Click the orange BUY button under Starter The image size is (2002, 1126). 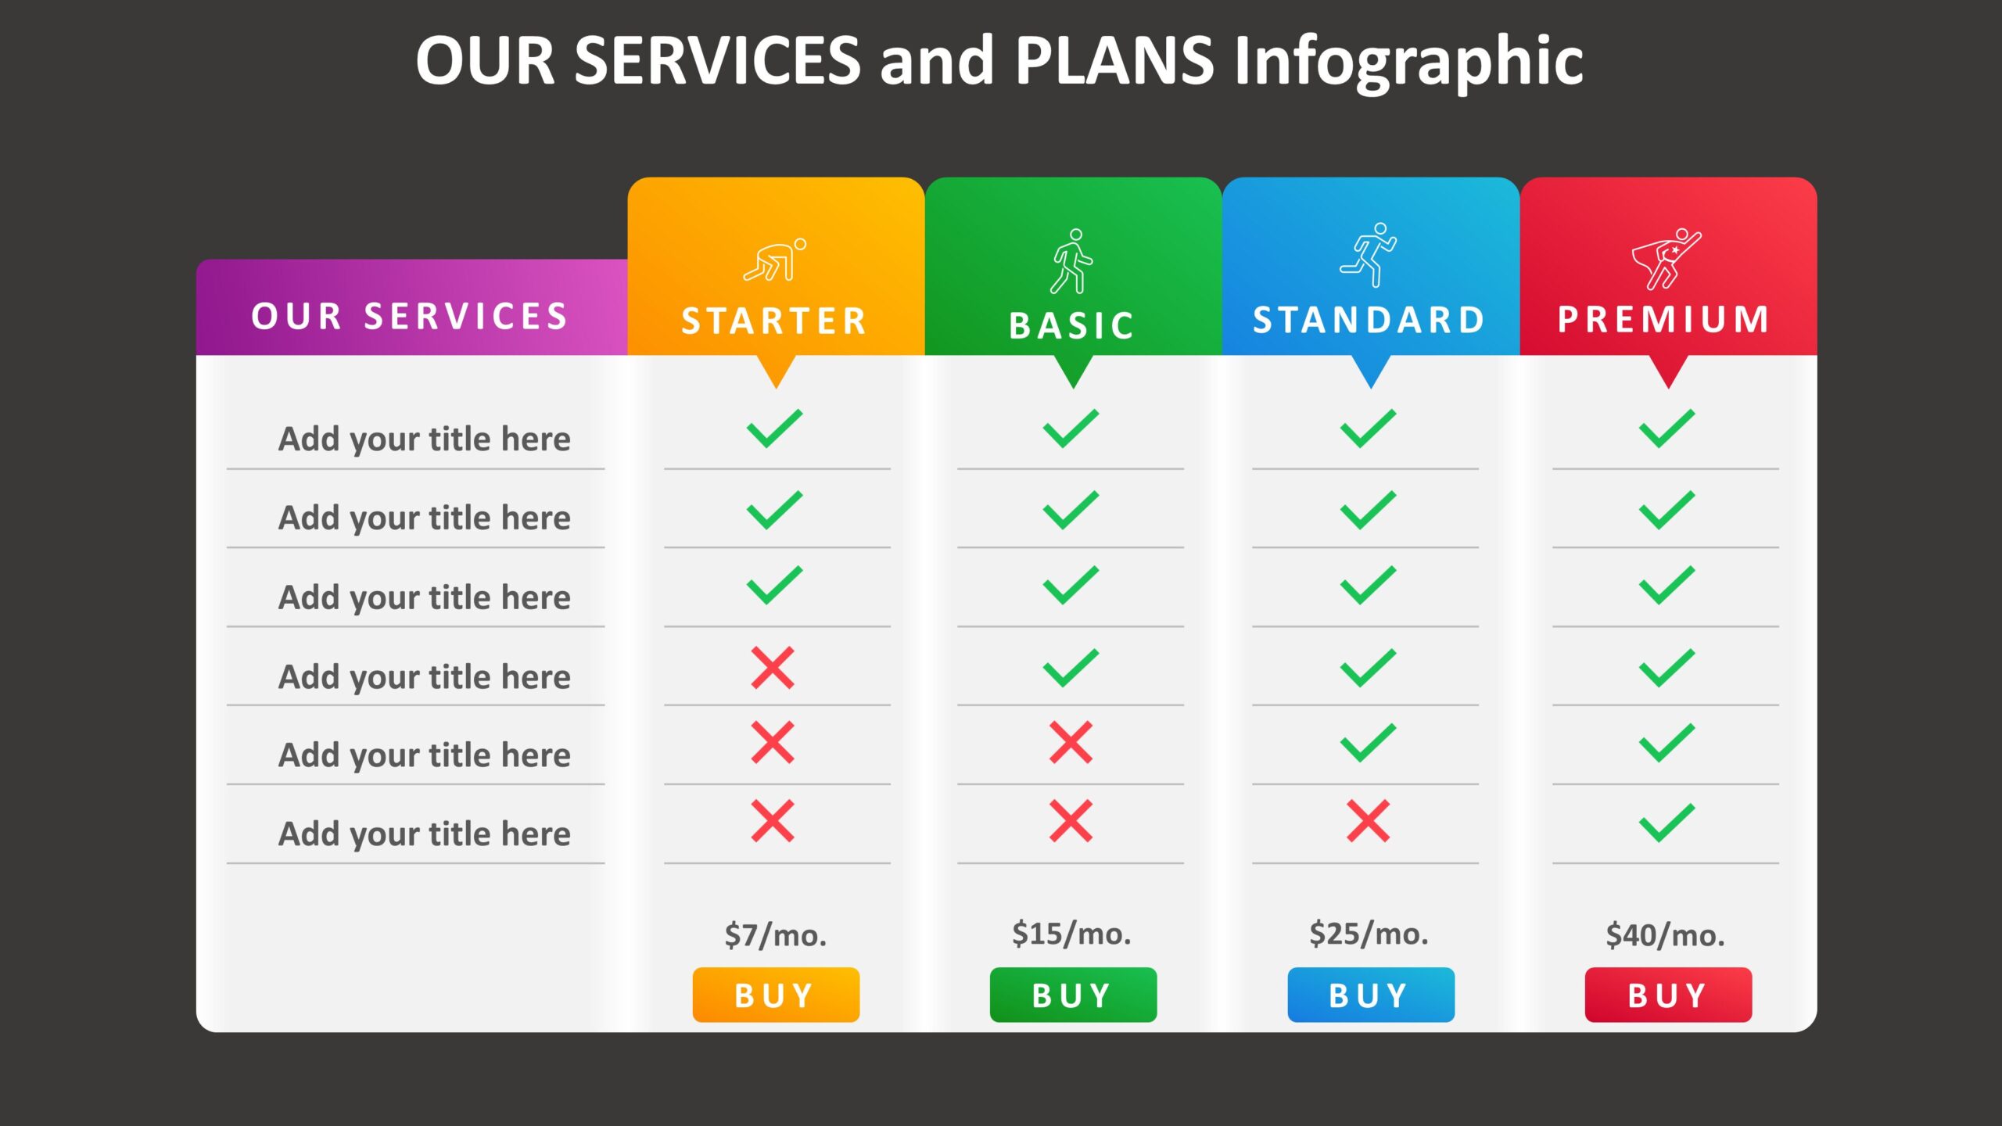point(776,995)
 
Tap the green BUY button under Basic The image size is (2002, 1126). point(1073,995)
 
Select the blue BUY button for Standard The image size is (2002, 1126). point(1371,995)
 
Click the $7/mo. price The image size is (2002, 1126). point(776,935)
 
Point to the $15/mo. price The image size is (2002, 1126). point(1071,934)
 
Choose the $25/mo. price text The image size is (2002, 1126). point(1369,934)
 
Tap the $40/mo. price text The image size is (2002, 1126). point(1666,935)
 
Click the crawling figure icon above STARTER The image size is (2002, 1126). point(775,260)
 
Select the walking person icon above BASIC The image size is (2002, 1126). point(1071,261)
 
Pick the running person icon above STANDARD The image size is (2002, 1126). point(1369,254)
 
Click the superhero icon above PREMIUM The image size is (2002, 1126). point(1666,259)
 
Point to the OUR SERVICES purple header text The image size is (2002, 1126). point(409,316)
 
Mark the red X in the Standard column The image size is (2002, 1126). point(1369,821)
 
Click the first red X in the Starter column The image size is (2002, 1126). point(773,668)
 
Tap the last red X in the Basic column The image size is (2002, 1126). point(1071,821)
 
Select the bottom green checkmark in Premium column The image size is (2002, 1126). point(1667,823)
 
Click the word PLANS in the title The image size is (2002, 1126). point(1114,60)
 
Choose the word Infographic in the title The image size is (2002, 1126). point(1409,63)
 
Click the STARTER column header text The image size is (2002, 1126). point(774,321)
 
